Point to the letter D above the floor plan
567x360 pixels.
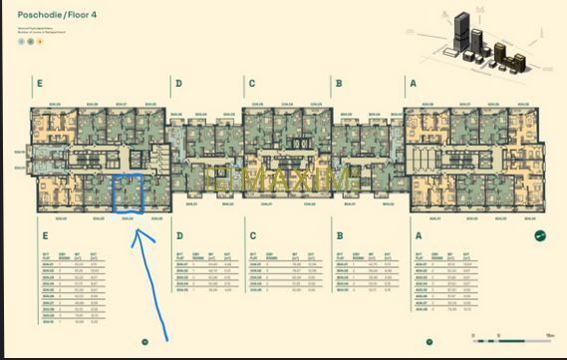click(x=178, y=85)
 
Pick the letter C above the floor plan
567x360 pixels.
click(x=252, y=85)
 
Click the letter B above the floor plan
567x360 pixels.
click(x=339, y=85)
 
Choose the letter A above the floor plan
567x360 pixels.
click(x=412, y=85)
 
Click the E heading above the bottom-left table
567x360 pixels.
click(x=46, y=236)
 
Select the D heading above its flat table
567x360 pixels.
click(x=179, y=236)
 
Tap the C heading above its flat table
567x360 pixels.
click(x=252, y=236)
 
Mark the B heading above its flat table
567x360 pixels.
click(x=339, y=236)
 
